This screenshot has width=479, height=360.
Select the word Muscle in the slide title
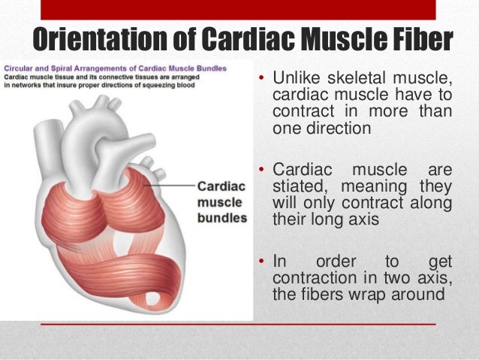point(338,40)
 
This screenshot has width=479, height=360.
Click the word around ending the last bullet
point(417,294)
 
